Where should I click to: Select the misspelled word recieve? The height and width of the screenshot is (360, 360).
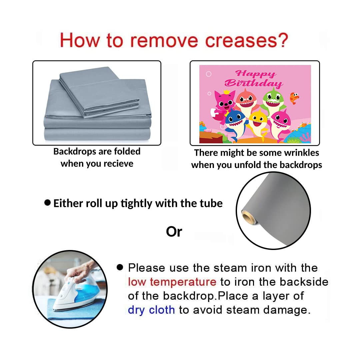[118, 164]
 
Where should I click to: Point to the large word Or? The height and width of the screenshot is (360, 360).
[174, 232]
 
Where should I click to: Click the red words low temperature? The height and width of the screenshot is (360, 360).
[172, 282]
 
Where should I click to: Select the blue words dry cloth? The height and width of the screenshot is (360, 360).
[151, 310]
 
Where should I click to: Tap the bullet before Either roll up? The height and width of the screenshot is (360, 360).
[47, 203]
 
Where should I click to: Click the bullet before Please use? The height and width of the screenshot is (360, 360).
[120, 267]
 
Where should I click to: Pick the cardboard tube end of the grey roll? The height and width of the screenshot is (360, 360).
[248, 217]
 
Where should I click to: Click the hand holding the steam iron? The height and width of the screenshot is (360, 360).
[81, 271]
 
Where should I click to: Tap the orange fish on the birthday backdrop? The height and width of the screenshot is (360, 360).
[294, 98]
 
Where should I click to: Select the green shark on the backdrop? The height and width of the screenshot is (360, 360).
[274, 101]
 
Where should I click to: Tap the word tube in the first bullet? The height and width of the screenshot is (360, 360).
[213, 203]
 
